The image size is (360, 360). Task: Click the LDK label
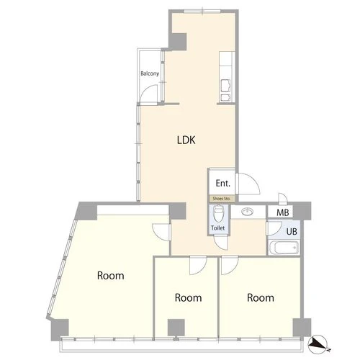186,140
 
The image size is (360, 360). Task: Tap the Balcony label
150,73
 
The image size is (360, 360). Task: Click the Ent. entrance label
223,184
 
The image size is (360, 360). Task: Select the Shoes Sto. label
222,199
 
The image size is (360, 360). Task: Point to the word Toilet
218,228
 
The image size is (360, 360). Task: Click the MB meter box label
283,212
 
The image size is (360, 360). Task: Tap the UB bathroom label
292,231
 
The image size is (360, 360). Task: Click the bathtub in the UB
284,248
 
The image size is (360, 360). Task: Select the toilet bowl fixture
218,213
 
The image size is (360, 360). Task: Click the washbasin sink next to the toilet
248,212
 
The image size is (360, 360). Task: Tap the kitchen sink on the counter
225,86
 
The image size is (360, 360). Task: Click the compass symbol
318,344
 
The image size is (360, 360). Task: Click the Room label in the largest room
111,276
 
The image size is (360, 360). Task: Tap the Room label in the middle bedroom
188,297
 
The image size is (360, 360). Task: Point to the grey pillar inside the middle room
176,328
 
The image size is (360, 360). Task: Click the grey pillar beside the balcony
178,42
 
